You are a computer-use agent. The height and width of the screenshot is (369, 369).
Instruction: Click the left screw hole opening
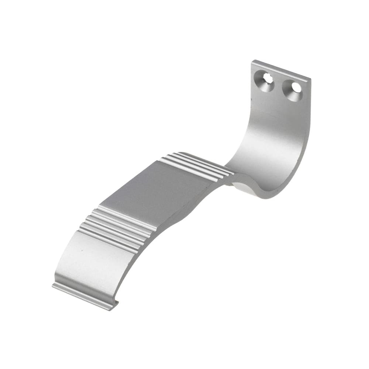coord(268,78)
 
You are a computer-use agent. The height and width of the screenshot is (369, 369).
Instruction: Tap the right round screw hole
coord(296,87)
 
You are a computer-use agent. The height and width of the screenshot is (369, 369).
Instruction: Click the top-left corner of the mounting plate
coord(253,62)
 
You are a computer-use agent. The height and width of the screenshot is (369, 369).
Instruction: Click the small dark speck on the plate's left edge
coord(252,99)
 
